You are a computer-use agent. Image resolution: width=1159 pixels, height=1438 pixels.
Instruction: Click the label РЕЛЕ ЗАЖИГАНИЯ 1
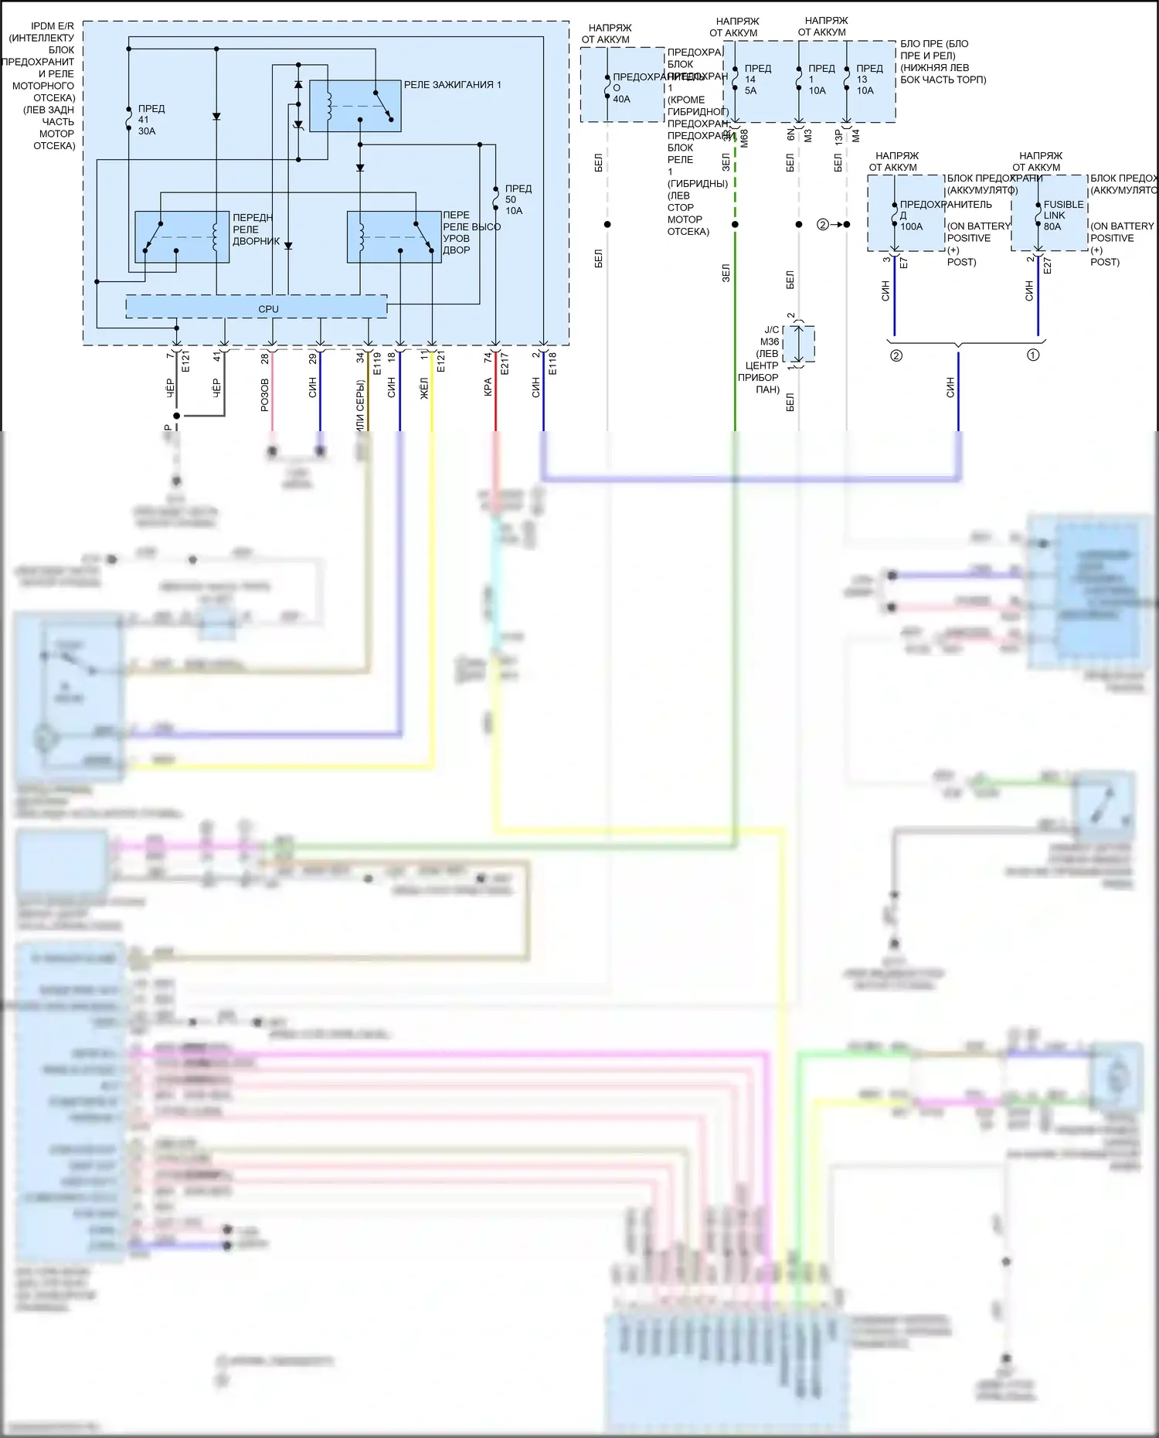(x=452, y=85)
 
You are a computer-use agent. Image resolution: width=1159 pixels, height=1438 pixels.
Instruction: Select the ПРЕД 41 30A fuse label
(x=151, y=120)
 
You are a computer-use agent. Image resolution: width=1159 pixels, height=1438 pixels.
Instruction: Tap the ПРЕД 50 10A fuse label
(x=518, y=199)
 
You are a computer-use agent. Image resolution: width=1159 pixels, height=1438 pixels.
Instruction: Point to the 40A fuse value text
(x=621, y=99)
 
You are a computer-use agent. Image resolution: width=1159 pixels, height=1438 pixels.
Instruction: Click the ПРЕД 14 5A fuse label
(x=756, y=80)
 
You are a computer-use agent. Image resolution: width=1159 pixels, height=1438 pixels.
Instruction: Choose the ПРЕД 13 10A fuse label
(x=868, y=80)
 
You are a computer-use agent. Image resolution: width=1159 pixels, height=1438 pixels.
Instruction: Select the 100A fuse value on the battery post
(x=911, y=226)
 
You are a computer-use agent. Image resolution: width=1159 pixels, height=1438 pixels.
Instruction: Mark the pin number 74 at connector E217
(x=488, y=358)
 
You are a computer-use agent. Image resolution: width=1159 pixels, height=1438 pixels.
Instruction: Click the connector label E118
(x=552, y=364)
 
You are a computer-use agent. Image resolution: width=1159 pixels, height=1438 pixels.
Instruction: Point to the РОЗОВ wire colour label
(x=265, y=394)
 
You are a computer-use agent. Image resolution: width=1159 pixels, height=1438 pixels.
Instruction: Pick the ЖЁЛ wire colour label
(x=424, y=388)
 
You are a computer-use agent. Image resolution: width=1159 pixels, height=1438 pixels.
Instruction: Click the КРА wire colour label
(x=488, y=387)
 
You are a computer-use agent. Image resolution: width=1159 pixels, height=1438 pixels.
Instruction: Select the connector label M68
(x=744, y=139)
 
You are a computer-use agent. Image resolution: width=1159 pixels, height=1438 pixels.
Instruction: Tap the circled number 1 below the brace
(x=1033, y=355)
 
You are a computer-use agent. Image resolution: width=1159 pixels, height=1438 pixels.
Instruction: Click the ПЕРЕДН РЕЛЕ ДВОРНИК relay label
(x=255, y=229)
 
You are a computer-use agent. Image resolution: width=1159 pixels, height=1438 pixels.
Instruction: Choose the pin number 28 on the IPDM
(x=265, y=359)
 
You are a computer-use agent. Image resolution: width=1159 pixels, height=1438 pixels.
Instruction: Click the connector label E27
(x=1048, y=265)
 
